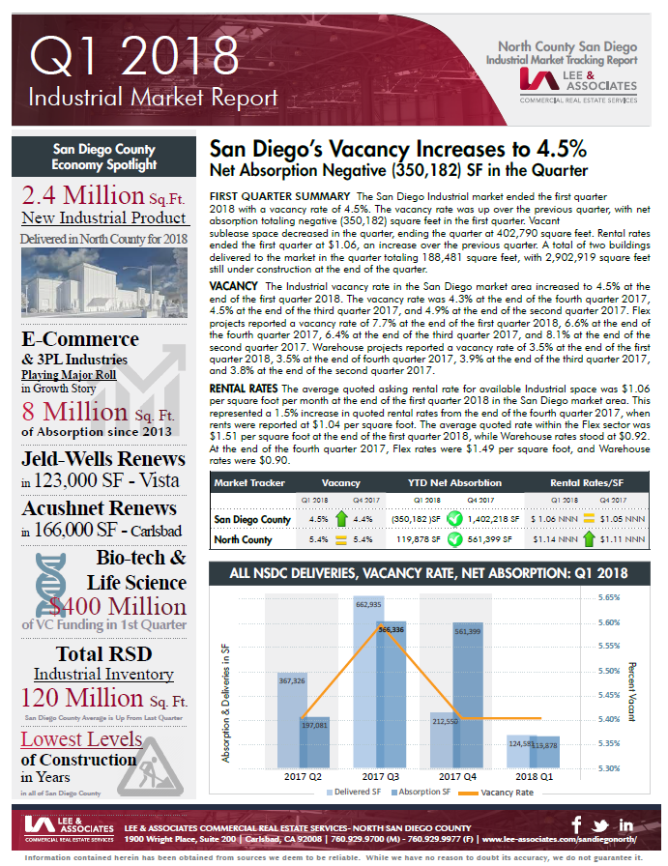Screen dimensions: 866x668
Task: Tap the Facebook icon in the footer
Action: click(x=577, y=824)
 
